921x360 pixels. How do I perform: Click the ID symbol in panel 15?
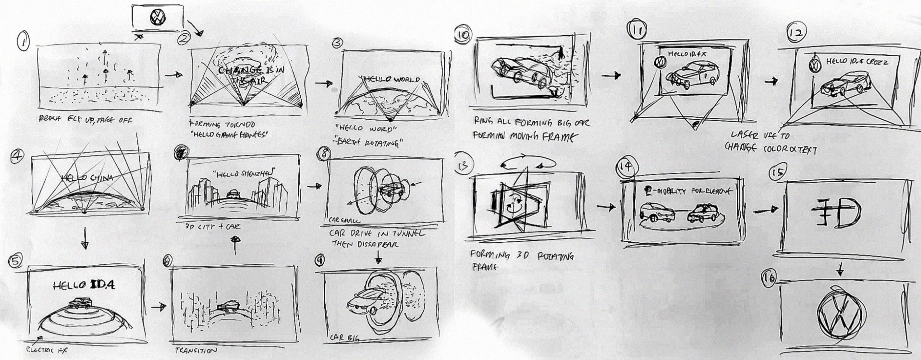tap(836, 213)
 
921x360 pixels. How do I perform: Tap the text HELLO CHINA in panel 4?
tap(88, 177)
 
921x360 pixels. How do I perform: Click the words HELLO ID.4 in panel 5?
tap(84, 285)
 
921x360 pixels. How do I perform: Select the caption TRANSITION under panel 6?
tap(195, 350)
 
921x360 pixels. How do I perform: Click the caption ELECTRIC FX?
tap(44, 351)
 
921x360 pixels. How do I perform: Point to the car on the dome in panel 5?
tap(81, 303)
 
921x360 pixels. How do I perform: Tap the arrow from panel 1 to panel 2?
tap(174, 75)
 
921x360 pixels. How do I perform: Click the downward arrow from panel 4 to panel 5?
tap(84, 238)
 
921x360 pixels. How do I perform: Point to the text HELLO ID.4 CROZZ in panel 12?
tap(856, 62)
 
